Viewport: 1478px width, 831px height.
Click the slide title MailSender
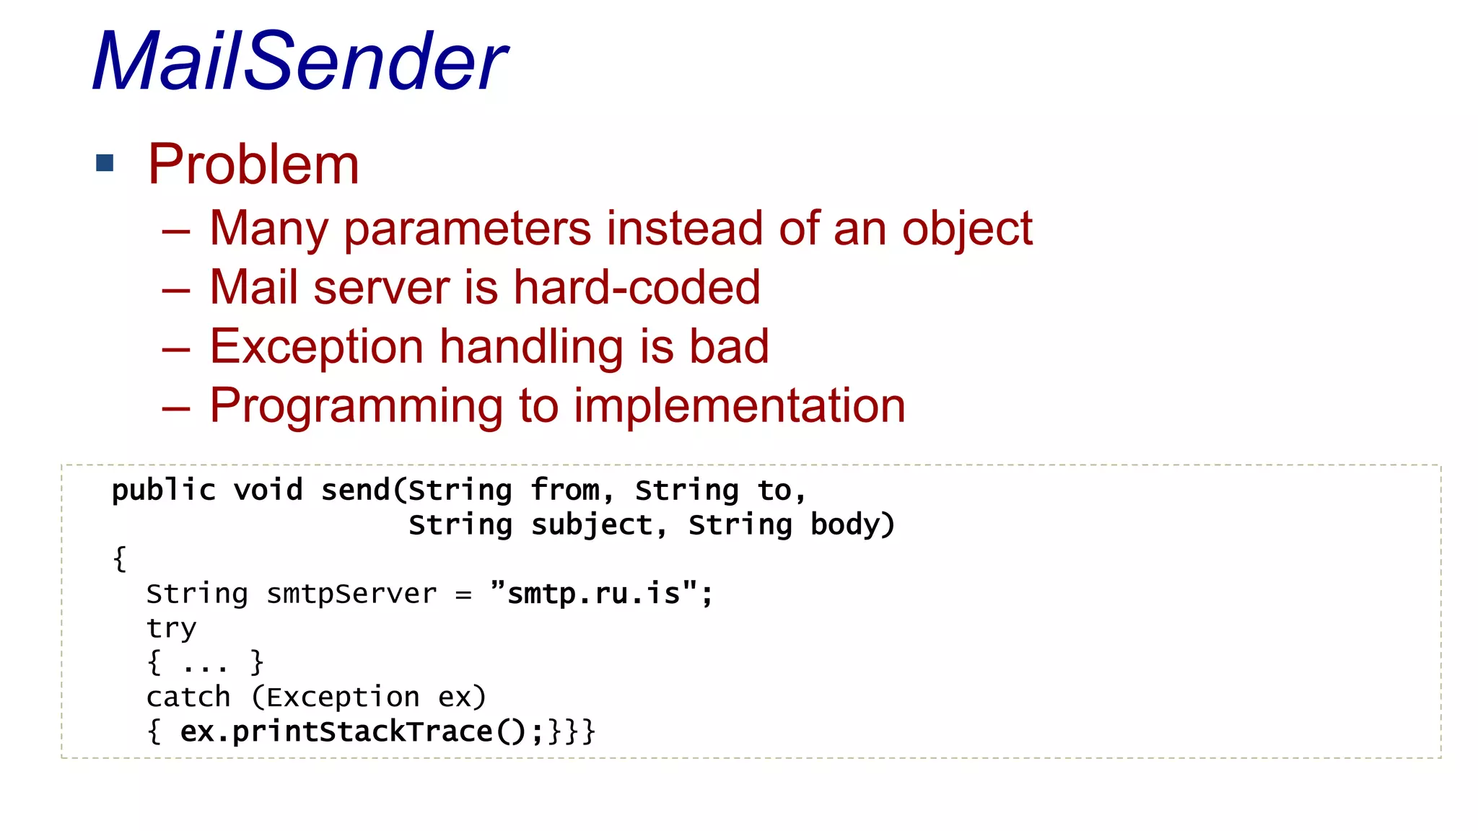coord(299,62)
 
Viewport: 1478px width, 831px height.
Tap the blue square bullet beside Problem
coord(105,163)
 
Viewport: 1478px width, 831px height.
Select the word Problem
coord(253,164)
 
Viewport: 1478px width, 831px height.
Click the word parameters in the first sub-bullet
coord(468,229)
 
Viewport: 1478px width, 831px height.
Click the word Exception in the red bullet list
coord(316,347)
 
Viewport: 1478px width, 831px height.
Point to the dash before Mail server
coord(176,291)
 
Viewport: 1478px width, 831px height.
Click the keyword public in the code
coord(164,491)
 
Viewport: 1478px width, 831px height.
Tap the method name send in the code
coord(355,491)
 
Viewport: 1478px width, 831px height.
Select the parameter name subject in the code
coord(592,525)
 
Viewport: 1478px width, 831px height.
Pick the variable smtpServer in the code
coord(351,594)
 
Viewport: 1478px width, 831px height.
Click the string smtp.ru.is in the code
coord(593,594)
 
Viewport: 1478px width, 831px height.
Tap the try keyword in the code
coord(171,629)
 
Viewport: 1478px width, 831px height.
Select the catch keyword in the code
coord(188,698)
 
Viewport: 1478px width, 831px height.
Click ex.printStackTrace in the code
coord(336,732)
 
